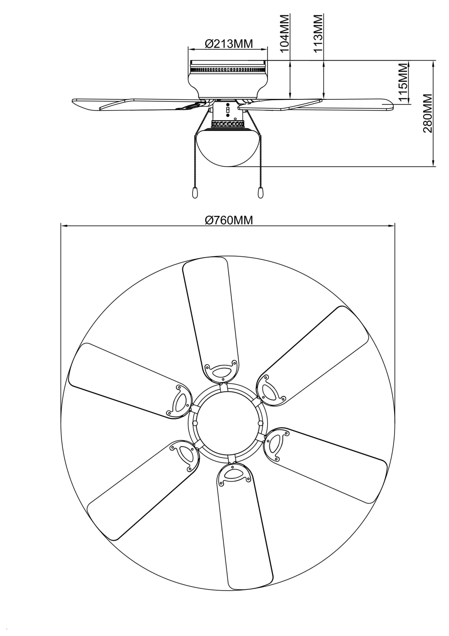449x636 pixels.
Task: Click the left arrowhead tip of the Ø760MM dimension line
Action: click(x=61, y=226)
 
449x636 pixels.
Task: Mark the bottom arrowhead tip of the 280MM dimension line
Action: click(x=434, y=166)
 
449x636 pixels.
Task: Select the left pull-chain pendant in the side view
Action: click(x=194, y=193)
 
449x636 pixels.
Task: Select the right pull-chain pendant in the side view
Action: click(x=260, y=193)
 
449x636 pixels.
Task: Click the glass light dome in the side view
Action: click(x=228, y=147)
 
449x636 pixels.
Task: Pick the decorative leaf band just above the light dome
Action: click(x=228, y=124)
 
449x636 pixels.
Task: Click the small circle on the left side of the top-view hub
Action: click(x=195, y=423)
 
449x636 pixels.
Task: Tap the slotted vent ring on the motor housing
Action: click(x=228, y=69)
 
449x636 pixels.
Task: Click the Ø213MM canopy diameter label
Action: click(x=228, y=44)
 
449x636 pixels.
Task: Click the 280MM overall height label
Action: click(x=428, y=114)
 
